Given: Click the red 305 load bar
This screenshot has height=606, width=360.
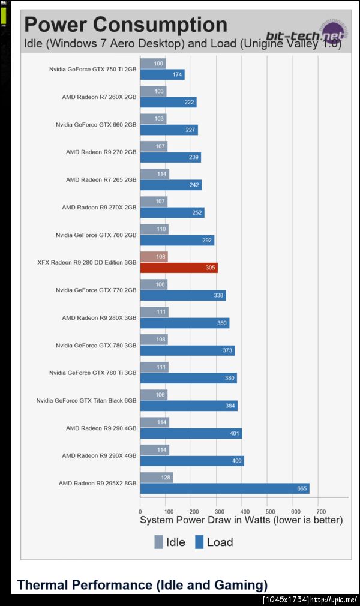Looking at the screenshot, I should (179, 268).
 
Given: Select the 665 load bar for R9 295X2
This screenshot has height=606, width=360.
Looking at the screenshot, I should (224, 488).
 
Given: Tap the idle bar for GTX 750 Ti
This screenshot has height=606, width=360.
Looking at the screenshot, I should (153, 64).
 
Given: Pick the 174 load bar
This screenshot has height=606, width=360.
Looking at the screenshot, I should (162, 74).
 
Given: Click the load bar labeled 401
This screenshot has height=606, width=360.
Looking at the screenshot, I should (191, 433).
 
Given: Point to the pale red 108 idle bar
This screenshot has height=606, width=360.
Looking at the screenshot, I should (154, 257).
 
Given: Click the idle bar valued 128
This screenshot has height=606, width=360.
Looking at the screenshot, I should (156, 478).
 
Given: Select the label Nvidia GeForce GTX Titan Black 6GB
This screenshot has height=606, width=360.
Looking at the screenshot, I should (86, 400).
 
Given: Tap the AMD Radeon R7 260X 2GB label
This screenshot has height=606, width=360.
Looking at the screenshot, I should (99, 97).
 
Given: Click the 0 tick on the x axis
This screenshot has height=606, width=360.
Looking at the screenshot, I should (140, 511).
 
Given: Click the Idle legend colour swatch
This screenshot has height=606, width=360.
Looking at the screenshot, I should (159, 542).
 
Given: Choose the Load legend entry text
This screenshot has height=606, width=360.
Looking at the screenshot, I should (220, 542).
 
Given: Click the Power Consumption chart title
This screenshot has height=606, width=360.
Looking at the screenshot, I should (125, 25).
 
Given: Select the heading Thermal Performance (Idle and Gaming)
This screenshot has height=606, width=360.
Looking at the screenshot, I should (142, 585).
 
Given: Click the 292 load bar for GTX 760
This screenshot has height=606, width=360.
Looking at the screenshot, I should (177, 240).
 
